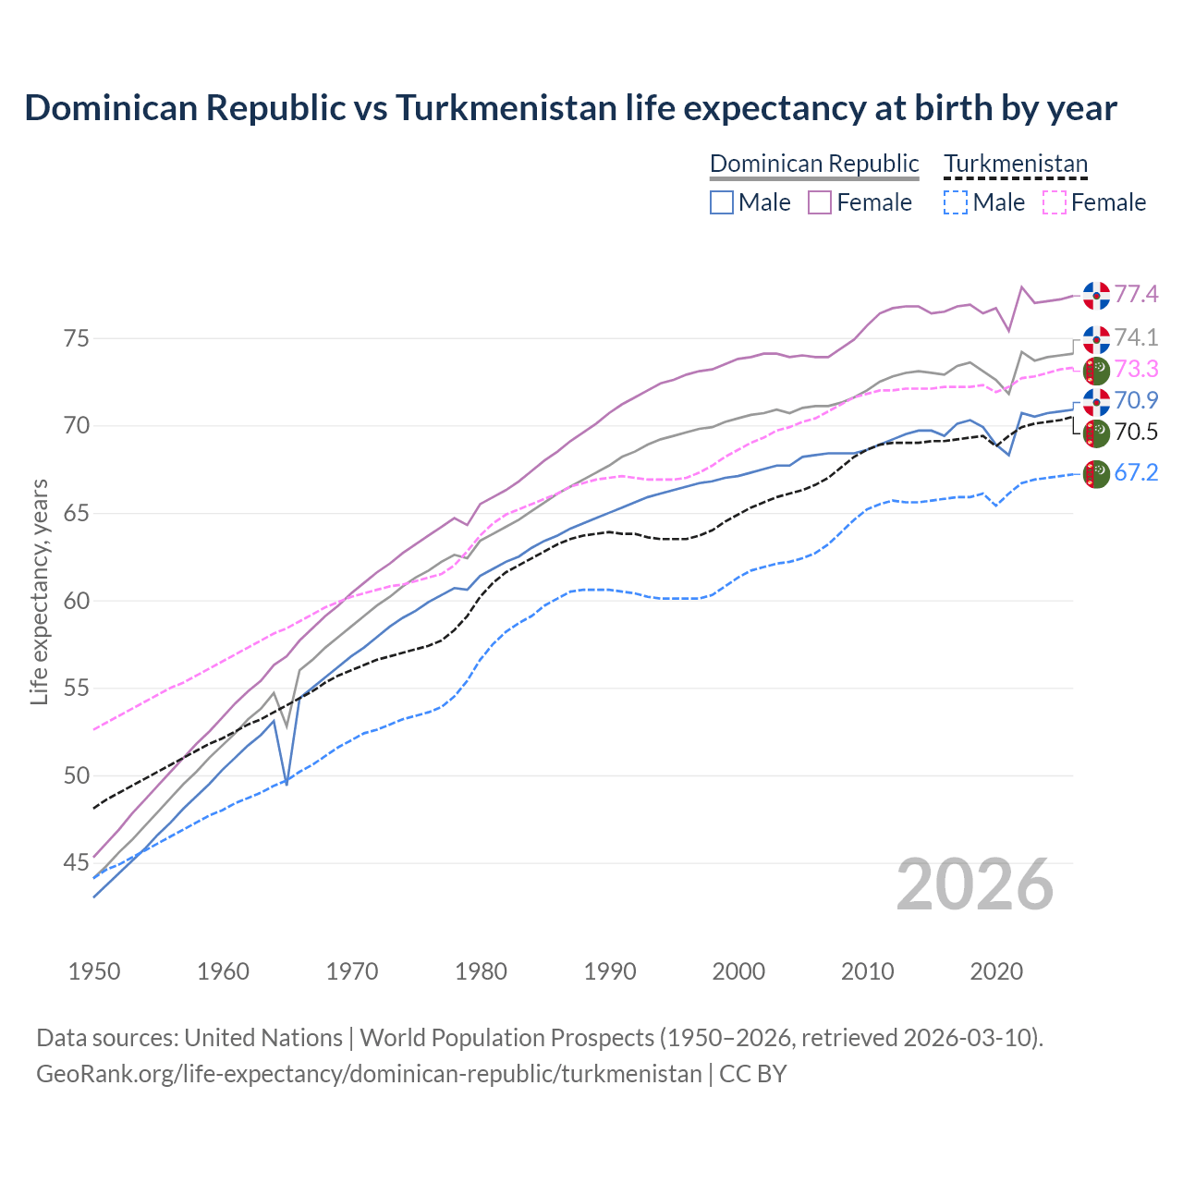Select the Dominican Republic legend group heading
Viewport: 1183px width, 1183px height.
[814, 164]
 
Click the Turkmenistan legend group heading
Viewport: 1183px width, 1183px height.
[1016, 164]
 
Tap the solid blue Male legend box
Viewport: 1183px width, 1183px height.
[722, 202]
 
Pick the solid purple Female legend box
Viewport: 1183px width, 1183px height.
[820, 202]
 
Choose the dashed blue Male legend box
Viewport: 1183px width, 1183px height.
[956, 202]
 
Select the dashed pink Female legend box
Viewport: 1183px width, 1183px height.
[1055, 202]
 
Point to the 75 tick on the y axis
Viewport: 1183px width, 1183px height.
[77, 338]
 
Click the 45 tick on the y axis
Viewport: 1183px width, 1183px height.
[77, 863]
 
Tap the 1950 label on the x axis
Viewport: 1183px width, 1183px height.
[94, 971]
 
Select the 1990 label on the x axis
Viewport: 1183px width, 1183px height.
[610, 971]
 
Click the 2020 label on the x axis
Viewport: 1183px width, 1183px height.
[996, 971]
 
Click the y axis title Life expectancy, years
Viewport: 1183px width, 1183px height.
[39, 591]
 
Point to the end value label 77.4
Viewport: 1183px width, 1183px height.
[1136, 294]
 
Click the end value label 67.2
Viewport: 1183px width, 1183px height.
[1136, 473]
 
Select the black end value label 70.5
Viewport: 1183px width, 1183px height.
[1136, 433]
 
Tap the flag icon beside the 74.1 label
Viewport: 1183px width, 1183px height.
[1096, 339]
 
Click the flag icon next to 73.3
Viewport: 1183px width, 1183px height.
[1096, 371]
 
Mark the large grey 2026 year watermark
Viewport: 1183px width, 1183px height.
[975, 884]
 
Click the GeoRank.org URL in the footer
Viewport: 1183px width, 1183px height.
[369, 1074]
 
